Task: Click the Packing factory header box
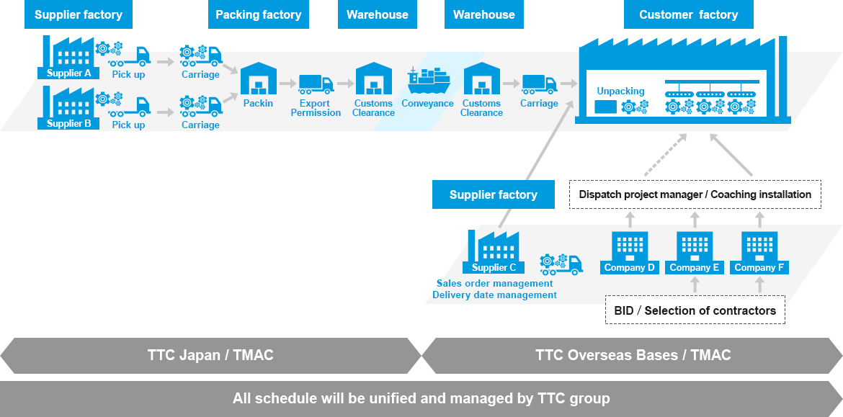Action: (259, 14)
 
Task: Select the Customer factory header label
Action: (689, 14)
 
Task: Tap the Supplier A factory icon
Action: (68, 58)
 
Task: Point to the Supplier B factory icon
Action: (68, 108)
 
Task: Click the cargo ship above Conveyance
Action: (429, 81)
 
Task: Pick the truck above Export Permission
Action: (316, 84)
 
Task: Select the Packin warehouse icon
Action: (258, 79)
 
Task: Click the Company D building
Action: (629, 253)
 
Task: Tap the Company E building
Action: (694, 253)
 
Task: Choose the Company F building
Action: (759, 253)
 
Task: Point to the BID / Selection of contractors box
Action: (695, 310)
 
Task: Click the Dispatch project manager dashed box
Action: (695, 194)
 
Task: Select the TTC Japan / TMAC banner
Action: (210, 355)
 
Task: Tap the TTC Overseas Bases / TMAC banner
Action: (633, 355)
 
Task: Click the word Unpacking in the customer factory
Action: (620, 91)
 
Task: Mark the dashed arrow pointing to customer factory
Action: (665, 155)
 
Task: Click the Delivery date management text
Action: (494, 295)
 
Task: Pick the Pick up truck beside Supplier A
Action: (130, 57)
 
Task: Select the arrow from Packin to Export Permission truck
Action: (288, 84)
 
